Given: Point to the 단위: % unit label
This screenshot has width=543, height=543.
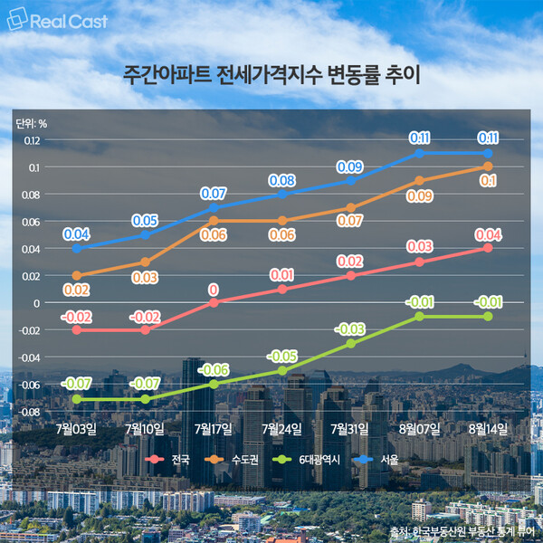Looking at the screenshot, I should pos(32,124).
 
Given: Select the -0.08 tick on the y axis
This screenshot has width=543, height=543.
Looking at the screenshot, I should pos(30,412).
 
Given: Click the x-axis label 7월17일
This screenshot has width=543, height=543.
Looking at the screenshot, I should pos(214,427).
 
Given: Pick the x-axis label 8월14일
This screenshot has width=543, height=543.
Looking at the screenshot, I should pos(489,427).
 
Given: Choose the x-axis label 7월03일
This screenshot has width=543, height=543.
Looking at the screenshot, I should pos(76,427).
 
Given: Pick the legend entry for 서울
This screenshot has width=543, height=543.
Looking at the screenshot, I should pos(388,460).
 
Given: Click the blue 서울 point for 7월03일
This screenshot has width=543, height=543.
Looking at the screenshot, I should pos(76,248).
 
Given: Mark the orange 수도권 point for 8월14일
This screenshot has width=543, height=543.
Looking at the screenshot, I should pos(489,167).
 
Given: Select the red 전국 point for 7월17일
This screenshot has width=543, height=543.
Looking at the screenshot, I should pos(214,302).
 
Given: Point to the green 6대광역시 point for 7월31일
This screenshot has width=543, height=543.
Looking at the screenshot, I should pos(351,343).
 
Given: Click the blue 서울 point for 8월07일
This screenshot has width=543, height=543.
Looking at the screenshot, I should pos(420,153).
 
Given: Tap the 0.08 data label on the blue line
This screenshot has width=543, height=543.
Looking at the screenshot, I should pos(282,179).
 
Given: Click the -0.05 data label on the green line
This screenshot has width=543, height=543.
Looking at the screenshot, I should pos(282,355).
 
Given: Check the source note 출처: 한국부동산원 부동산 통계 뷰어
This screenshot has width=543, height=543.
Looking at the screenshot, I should pos(462,529).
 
